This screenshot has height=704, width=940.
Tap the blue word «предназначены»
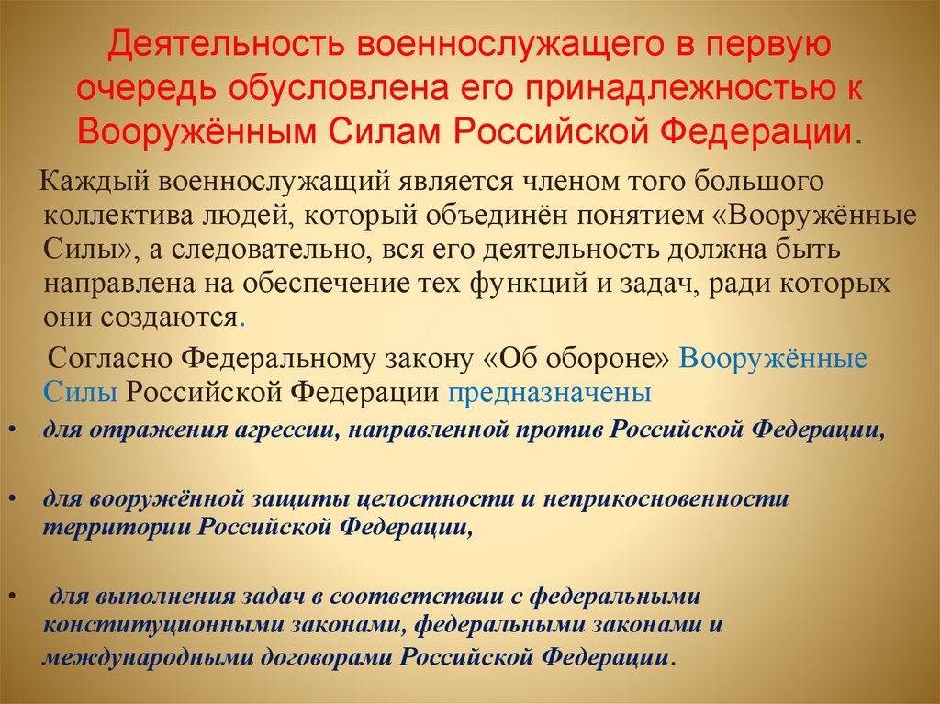pyautogui.click(x=550, y=393)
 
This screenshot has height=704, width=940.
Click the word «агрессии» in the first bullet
pyautogui.click(x=285, y=430)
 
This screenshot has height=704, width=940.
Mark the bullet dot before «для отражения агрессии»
pyautogui.click(x=11, y=430)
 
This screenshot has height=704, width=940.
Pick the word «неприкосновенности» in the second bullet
pyautogui.click(x=665, y=498)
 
